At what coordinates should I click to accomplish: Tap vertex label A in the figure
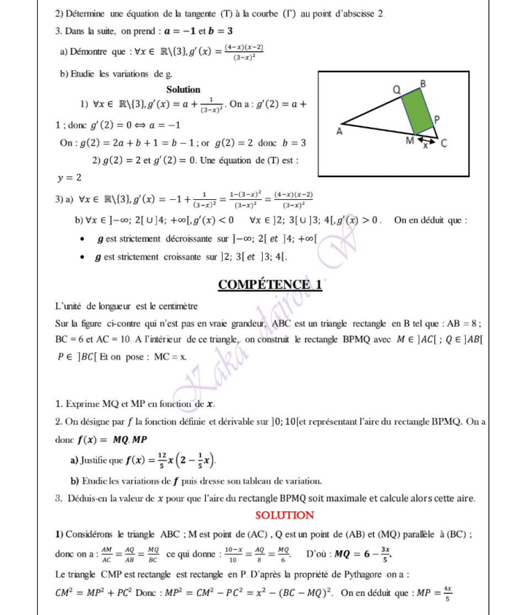[x=339, y=131]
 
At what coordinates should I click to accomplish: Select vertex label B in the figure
[x=422, y=82]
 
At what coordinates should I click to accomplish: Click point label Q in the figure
[x=397, y=89]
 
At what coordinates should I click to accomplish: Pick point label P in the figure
[x=437, y=118]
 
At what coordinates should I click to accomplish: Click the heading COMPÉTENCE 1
[x=270, y=284]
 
